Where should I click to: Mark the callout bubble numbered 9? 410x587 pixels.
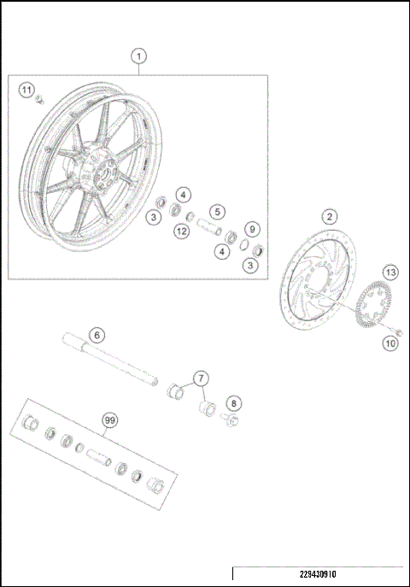251,228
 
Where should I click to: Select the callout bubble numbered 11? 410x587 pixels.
27,90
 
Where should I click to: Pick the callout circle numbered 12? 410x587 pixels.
181,232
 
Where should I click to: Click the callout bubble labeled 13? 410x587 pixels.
390,273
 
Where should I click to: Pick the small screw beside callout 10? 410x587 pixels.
398,331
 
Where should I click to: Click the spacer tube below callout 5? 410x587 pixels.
210,229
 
